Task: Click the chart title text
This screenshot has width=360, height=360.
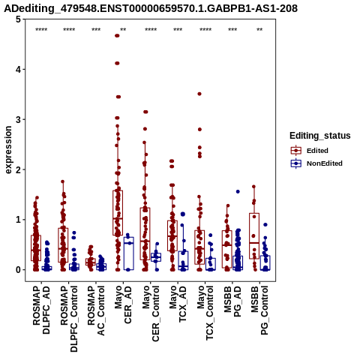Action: point(151,8)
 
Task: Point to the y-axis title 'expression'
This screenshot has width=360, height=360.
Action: point(8,150)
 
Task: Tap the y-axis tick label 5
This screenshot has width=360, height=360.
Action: point(18,19)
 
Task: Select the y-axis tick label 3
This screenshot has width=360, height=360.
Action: point(18,119)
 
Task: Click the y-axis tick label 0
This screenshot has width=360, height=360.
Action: point(18,270)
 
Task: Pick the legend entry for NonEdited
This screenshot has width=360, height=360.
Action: point(316,163)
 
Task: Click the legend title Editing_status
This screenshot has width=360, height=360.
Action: point(320,136)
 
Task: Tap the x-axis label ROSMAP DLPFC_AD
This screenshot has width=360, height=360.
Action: point(41,310)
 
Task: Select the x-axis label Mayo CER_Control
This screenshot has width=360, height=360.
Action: point(151,313)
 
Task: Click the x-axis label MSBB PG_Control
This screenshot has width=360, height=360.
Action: point(259,310)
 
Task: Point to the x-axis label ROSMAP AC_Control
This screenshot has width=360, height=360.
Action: point(96,310)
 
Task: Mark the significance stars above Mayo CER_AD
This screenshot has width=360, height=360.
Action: point(123,30)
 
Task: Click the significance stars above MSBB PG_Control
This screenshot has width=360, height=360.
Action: point(259,30)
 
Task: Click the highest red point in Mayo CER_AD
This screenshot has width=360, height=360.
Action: point(117,36)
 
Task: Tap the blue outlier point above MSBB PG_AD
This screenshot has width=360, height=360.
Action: point(238,191)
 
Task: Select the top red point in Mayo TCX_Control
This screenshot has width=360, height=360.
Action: point(199,94)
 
